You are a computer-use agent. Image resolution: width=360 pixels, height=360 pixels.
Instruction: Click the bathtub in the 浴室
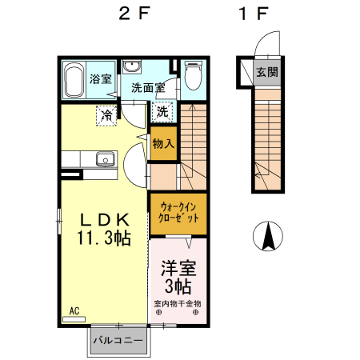click(75, 79)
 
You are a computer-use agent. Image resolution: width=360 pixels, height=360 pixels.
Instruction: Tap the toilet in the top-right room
click(194, 75)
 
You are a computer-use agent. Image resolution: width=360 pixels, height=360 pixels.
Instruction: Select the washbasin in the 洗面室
click(131, 66)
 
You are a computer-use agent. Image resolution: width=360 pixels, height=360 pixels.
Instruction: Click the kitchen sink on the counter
click(106, 159)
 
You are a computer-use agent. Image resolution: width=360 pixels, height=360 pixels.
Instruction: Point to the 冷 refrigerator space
click(107, 115)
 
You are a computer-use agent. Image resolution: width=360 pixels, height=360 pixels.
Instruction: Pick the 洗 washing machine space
click(162, 112)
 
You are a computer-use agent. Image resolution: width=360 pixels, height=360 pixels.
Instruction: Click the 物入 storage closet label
click(163, 144)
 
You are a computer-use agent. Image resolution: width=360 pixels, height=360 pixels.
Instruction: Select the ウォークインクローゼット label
click(178, 213)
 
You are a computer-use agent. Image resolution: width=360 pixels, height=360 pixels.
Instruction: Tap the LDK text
click(105, 220)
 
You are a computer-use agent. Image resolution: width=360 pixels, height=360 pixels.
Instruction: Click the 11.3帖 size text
click(104, 238)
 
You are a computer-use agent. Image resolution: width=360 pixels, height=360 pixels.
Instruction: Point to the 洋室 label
click(178, 269)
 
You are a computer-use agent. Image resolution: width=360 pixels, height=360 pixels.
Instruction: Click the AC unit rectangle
click(74, 319)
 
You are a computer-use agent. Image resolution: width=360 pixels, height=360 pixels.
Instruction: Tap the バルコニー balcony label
click(118, 341)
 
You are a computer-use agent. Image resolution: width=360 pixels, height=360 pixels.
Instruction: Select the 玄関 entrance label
click(267, 72)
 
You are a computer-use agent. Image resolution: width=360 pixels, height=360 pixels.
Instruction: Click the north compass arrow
click(268, 236)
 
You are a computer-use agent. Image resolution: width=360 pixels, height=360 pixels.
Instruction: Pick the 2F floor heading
click(134, 14)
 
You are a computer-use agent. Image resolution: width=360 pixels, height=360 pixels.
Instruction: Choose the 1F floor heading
click(254, 14)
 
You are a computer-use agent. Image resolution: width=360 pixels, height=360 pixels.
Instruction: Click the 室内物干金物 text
click(178, 304)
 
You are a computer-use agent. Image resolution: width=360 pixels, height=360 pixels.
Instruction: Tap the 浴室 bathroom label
click(100, 79)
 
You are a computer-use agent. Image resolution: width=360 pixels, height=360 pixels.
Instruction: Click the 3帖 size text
click(178, 286)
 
